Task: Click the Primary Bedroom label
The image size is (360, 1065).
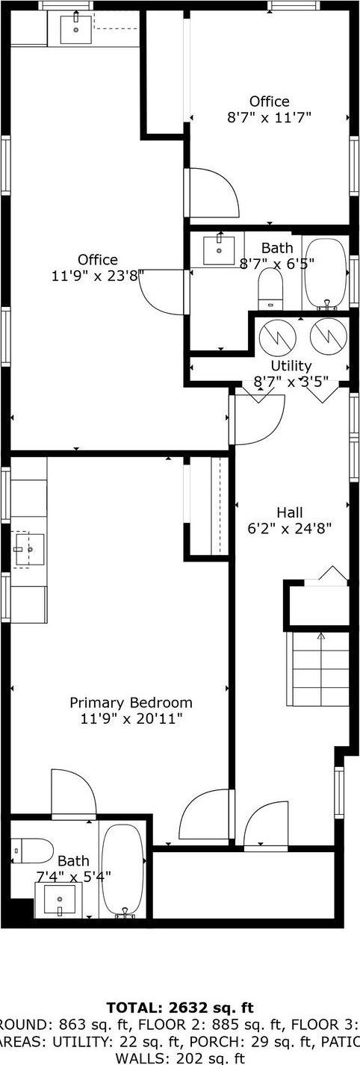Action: [x=131, y=703]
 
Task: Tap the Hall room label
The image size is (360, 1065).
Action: [x=290, y=512]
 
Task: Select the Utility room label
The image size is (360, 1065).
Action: [x=291, y=366]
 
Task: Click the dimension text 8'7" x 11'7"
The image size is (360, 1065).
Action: [x=269, y=117]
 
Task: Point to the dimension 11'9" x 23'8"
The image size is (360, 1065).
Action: [x=97, y=276]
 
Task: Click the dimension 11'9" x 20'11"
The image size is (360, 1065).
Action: [x=131, y=718]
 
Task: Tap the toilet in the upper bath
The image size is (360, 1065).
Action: [x=270, y=288]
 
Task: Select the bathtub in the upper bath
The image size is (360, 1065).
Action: [x=326, y=274]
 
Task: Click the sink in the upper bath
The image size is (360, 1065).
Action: [x=220, y=249]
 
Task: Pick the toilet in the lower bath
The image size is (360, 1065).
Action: [x=33, y=850]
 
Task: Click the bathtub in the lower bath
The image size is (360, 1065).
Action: [x=121, y=870]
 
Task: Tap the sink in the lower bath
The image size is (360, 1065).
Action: [x=58, y=900]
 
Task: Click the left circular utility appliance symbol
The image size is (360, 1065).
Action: [x=278, y=337]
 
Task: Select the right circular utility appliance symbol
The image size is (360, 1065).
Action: [x=326, y=336]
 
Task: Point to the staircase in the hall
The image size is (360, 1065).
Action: [x=320, y=668]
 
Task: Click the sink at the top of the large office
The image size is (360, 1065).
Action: [x=76, y=29]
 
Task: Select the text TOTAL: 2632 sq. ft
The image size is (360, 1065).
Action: [x=180, y=1007]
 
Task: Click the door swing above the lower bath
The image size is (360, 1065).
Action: [x=73, y=793]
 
